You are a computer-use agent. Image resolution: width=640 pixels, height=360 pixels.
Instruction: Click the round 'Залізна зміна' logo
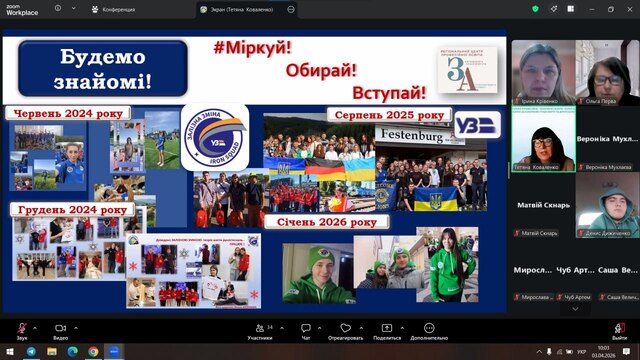215,136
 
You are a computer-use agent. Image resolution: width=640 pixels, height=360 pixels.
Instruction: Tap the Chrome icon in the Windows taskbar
92,351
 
